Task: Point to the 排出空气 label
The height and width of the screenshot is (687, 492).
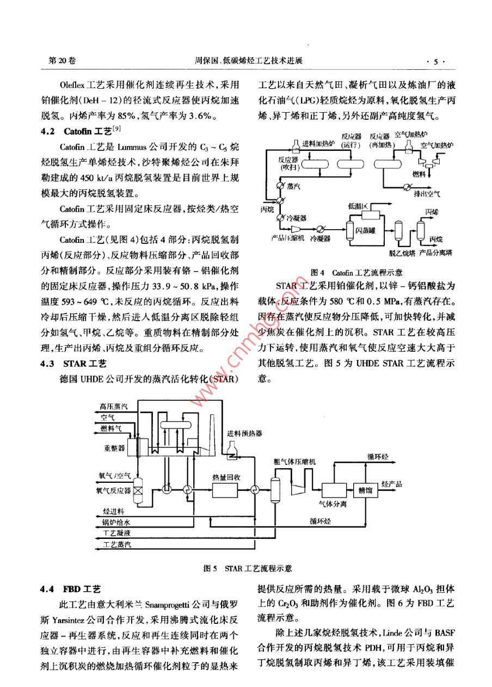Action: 428,192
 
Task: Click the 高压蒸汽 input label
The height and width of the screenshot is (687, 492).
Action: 114,406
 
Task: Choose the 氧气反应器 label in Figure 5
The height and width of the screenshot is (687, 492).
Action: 113,490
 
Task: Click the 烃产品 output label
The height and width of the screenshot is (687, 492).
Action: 392,484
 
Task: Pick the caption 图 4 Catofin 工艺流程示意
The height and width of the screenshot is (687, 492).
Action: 356,272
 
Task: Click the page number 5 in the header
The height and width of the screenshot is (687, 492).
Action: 435,62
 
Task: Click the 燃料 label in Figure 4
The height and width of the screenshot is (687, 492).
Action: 419,174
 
